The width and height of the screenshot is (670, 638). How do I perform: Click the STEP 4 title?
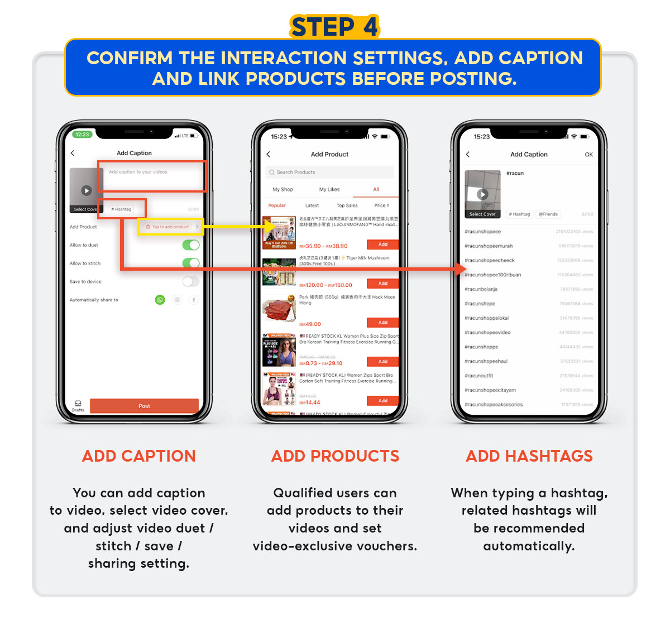click(334, 27)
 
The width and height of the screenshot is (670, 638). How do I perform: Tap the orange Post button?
click(144, 406)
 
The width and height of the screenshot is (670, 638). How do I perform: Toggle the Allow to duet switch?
click(190, 245)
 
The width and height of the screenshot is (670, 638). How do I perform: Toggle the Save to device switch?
click(190, 281)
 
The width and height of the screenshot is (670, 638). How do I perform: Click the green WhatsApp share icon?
click(160, 300)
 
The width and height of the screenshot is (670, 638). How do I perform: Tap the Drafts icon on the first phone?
click(78, 405)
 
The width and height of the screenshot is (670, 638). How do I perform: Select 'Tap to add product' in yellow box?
click(171, 227)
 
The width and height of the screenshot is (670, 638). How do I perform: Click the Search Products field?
click(329, 172)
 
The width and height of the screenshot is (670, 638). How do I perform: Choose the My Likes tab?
click(329, 189)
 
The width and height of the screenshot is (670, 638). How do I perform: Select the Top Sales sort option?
click(347, 205)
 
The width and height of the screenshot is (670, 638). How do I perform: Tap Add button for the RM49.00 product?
click(382, 323)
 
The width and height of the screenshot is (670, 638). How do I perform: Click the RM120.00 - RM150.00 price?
click(326, 285)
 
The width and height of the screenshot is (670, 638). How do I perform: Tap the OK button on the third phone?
click(588, 155)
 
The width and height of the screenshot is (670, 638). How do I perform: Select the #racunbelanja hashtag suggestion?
click(481, 289)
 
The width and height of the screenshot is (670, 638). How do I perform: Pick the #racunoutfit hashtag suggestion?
click(479, 376)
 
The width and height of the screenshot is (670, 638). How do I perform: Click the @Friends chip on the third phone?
click(548, 214)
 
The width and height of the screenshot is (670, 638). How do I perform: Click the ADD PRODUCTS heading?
click(335, 456)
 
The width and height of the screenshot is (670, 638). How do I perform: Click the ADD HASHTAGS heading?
click(529, 456)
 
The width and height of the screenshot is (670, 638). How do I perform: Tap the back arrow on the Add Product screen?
click(269, 154)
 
